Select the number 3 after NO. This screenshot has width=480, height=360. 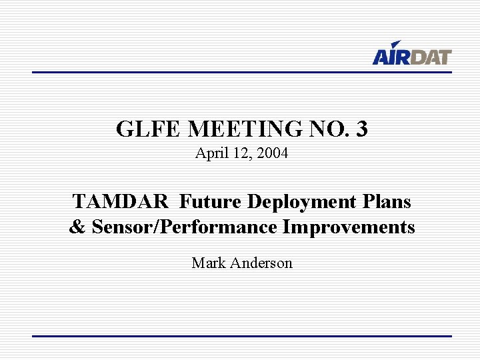361,129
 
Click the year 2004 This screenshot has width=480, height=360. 273,153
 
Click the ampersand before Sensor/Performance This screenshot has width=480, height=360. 77,227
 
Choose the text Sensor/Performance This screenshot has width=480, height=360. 185,227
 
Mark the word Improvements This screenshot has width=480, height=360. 349,227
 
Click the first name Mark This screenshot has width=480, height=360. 208,263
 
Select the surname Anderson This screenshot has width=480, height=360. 261,263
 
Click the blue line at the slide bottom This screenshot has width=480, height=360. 242,336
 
